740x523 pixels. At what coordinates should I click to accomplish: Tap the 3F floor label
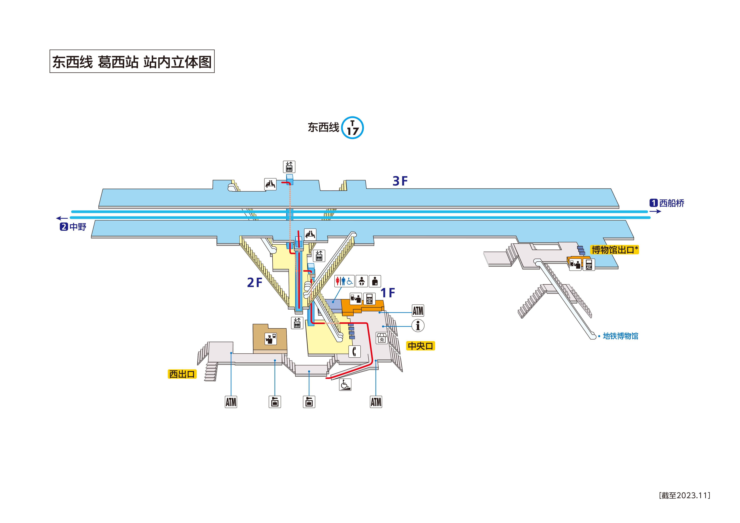pos(400,181)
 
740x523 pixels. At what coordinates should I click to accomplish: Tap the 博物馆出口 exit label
pos(614,250)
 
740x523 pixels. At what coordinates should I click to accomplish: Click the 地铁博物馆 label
pos(620,336)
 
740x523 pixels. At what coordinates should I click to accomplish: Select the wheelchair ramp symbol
pos(345,384)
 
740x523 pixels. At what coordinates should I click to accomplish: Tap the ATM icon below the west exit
pos(231,402)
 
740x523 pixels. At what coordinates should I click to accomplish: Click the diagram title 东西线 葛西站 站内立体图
pos(132,62)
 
